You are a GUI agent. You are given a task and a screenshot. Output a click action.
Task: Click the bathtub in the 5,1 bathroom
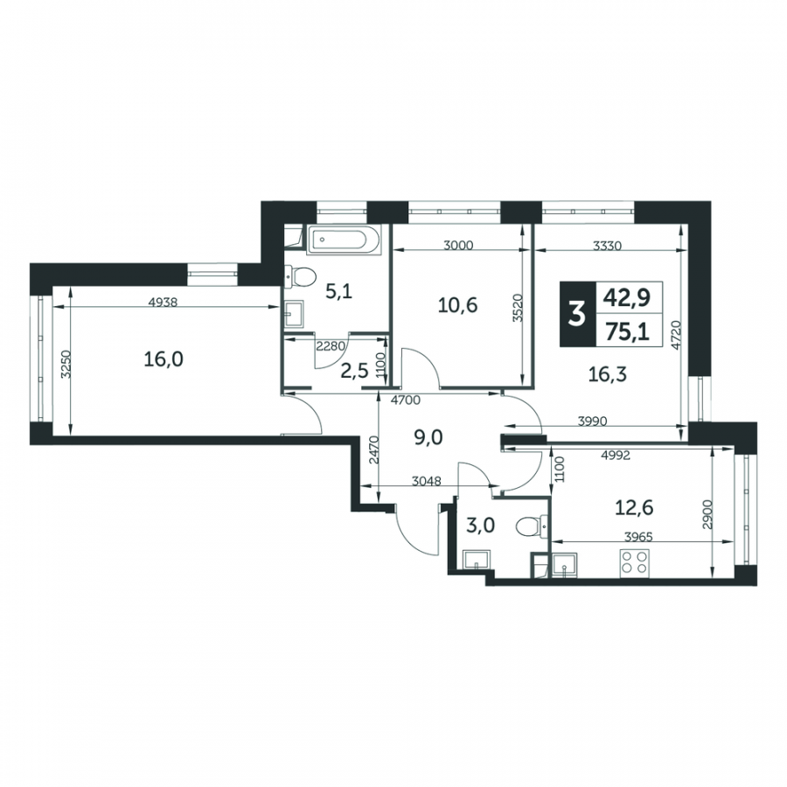(x=345, y=240)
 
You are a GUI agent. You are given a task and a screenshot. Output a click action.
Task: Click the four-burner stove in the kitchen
(x=635, y=563)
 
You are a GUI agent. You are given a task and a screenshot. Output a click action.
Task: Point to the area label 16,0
(x=164, y=359)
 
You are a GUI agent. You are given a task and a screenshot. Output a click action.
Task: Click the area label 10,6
(x=457, y=305)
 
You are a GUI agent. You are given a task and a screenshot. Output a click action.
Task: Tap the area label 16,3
(x=608, y=374)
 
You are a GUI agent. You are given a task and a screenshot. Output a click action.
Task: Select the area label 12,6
(x=634, y=508)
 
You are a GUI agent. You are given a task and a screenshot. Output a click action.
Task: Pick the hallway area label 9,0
(x=428, y=438)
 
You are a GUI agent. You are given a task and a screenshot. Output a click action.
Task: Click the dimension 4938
(x=164, y=303)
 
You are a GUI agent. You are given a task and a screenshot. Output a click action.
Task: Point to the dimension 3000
(x=459, y=246)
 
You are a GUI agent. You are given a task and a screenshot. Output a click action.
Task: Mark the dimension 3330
(x=608, y=246)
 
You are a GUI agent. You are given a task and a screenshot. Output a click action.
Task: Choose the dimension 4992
(x=616, y=456)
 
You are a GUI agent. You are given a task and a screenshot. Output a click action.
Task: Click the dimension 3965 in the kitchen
(x=638, y=537)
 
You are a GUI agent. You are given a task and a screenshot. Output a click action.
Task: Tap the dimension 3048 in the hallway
(x=426, y=481)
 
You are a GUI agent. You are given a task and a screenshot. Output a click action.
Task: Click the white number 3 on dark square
(x=576, y=315)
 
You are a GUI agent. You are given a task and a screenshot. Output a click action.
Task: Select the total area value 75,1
(x=627, y=331)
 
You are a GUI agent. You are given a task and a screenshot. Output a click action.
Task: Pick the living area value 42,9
(x=627, y=297)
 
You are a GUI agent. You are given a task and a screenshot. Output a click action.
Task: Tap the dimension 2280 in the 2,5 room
(x=330, y=345)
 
